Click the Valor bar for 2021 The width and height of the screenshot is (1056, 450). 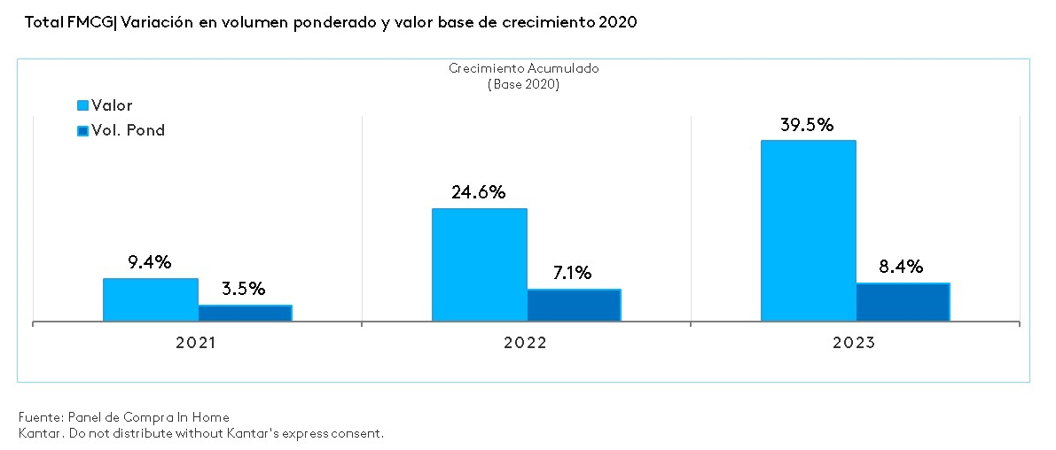click(150, 299)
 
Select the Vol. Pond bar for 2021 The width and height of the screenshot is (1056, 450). click(245, 313)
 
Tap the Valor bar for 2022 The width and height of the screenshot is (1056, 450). click(479, 264)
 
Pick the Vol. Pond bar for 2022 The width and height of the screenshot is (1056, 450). click(574, 305)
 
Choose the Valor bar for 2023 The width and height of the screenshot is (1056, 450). click(808, 230)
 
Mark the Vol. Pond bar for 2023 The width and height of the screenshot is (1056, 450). click(903, 302)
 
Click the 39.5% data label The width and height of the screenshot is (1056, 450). click(807, 125)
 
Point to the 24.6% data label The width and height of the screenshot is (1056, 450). click(478, 192)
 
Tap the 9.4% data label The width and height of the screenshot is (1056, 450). click(149, 262)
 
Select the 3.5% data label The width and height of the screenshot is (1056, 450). click(243, 289)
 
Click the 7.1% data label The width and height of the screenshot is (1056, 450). click(572, 273)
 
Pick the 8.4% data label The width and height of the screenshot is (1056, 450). click(901, 267)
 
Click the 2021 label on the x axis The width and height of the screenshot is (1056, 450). click(196, 343)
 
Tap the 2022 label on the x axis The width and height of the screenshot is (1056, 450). click(525, 343)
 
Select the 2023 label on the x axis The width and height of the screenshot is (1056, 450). click(854, 343)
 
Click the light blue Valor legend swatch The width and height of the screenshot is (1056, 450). click(83, 106)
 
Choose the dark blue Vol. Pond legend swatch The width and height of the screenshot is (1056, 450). click(83, 131)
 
